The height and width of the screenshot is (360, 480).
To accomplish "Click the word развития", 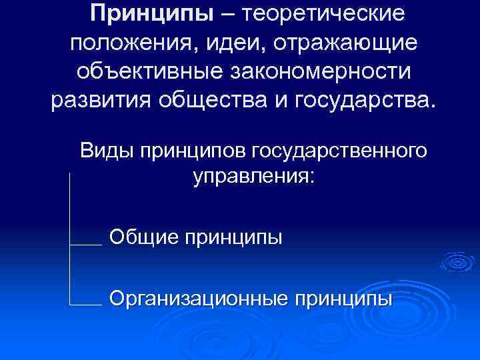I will (97, 102).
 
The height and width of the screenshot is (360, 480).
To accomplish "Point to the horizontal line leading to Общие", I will (85, 245).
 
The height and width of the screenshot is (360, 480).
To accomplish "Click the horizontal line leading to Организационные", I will (85, 305).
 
